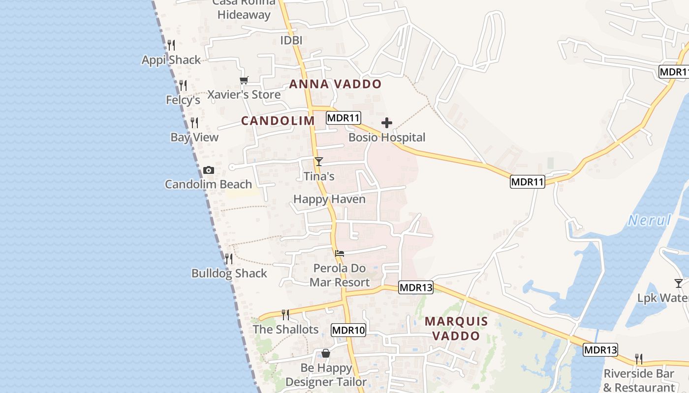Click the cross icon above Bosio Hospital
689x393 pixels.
click(387, 122)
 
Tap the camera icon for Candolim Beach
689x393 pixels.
click(209, 170)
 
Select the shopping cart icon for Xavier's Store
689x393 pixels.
click(244, 81)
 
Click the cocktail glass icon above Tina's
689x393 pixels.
click(319, 161)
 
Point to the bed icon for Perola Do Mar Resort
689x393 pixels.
click(340, 253)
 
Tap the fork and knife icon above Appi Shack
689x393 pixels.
click(171, 45)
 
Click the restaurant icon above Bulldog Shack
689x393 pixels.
click(229, 258)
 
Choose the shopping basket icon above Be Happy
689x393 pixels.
click(325, 353)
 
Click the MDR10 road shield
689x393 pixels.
click(348, 330)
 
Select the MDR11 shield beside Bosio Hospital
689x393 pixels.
click(344, 118)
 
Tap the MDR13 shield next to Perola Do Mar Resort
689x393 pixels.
click(416, 287)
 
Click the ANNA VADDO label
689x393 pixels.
click(335, 84)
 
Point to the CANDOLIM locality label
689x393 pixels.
click(278, 121)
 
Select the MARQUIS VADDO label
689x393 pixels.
click(456, 329)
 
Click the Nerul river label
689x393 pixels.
click(650, 220)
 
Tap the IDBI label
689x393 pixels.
click(291, 40)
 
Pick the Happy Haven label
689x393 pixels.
click(329, 199)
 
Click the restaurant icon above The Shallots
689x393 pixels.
click(285, 314)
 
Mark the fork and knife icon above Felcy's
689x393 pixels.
click(183, 85)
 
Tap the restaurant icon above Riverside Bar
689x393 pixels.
click(639, 359)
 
